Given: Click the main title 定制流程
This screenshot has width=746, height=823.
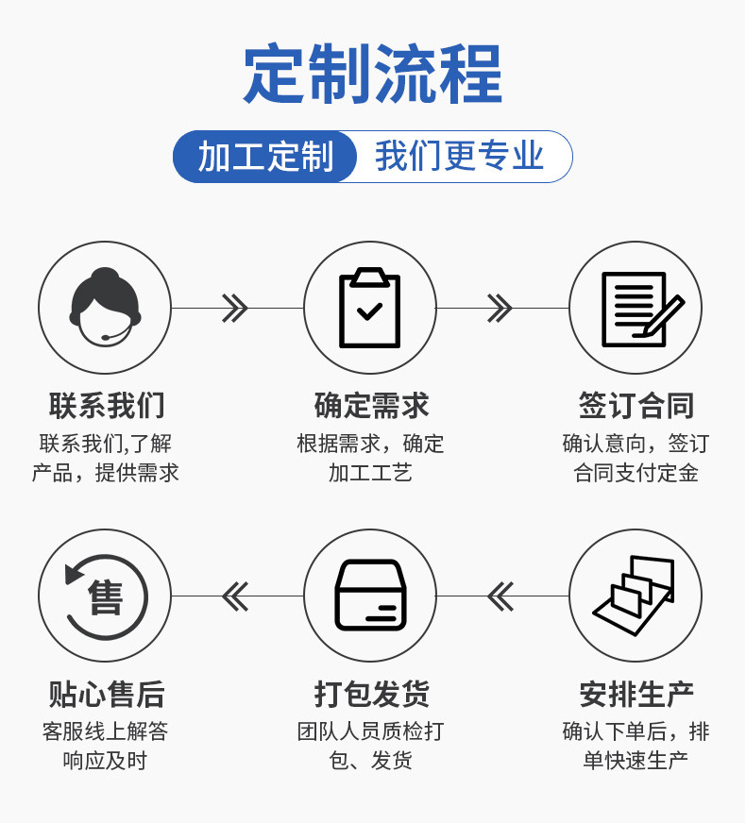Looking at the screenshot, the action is pyautogui.click(x=373, y=75).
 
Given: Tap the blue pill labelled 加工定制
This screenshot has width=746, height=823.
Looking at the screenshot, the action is pyautogui.click(x=265, y=157).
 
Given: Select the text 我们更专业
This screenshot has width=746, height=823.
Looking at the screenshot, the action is pyautogui.click(x=460, y=157).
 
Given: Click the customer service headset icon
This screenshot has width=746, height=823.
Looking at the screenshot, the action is pyautogui.click(x=105, y=308).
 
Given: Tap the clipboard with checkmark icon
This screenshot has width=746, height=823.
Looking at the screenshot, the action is pyautogui.click(x=369, y=308).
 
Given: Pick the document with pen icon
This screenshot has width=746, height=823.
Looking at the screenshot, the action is pyautogui.click(x=636, y=308).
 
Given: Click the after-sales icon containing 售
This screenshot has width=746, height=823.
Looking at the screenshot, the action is pyautogui.click(x=105, y=596).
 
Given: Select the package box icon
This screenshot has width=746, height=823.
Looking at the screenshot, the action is pyautogui.click(x=369, y=596).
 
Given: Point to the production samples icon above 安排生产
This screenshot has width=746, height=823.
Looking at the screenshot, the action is pyautogui.click(x=636, y=596).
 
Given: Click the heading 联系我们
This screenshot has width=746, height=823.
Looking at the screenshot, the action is pyautogui.click(x=107, y=406).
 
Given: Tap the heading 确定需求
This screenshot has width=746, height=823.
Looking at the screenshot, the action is pyautogui.click(x=371, y=406).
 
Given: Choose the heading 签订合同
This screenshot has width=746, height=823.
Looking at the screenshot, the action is pyautogui.click(x=636, y=406).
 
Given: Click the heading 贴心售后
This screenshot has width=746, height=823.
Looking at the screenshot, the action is pyautogui.click(x=107, y=695).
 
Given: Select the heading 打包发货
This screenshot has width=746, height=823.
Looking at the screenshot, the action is pyautogui.click(x=371, y=695).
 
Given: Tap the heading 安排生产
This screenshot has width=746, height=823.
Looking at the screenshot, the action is pyautogui.click(x=636, y=695).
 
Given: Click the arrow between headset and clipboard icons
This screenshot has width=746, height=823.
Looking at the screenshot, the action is pyautogui.click(x=234, y=308).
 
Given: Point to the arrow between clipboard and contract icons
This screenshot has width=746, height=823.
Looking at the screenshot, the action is pyautogui.click(x=500, y=308).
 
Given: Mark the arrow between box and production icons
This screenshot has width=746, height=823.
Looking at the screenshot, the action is pyautogui.click(x=500, y=596).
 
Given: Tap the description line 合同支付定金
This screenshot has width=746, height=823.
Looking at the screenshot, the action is pyautogui.click(x=636, y=474).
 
